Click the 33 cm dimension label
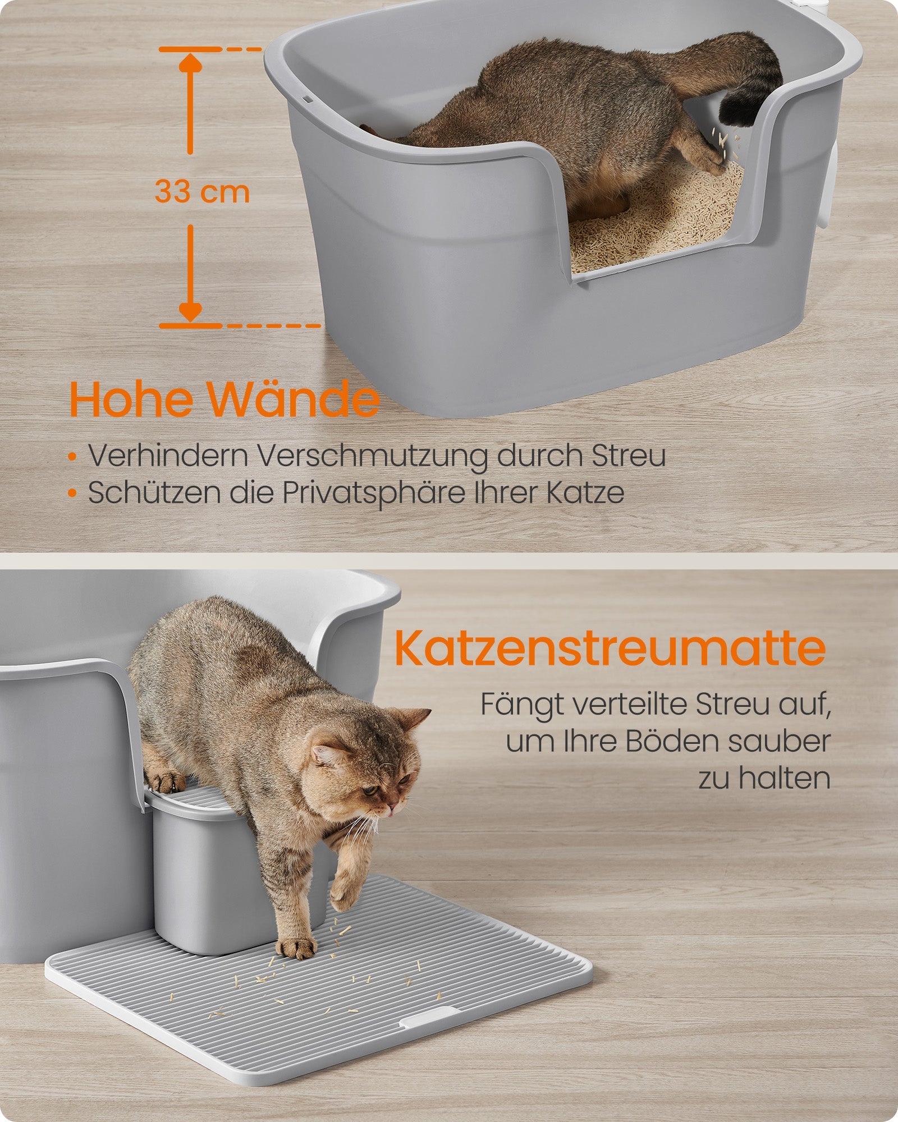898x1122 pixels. coord(202,191)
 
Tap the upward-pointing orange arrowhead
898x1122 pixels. coord(190,63)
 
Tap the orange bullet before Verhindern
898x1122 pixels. coord(72,457)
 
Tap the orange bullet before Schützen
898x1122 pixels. coord(72,494)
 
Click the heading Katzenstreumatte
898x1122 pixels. coord(610,649)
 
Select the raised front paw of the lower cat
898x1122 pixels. coord(343,895)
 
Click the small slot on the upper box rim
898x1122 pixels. coord(309,98)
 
